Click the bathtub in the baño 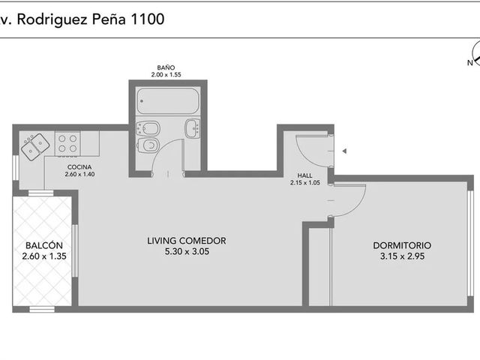click(x=168, y=101)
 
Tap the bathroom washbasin click(x=193, y=128)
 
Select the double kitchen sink click(x=35, y=147)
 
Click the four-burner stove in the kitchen click(x=67, y=143)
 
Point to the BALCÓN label click(x=44, y=245)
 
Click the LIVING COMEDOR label click(x=187, y=241)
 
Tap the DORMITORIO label click(x=402, y=245)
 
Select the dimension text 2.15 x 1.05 click(x=305, y=183)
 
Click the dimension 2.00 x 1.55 click(x=166, y=75)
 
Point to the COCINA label click(x=79, y=167)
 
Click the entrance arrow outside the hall click(x=344, y=151)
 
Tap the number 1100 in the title click(x=148, y=19)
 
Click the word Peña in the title click(x=109, y=19)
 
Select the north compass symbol click(x=476, y=55)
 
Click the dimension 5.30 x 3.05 click(x=187, y=252)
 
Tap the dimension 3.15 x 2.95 click(x=402, y=256)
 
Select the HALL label click(x=305, y=175)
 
